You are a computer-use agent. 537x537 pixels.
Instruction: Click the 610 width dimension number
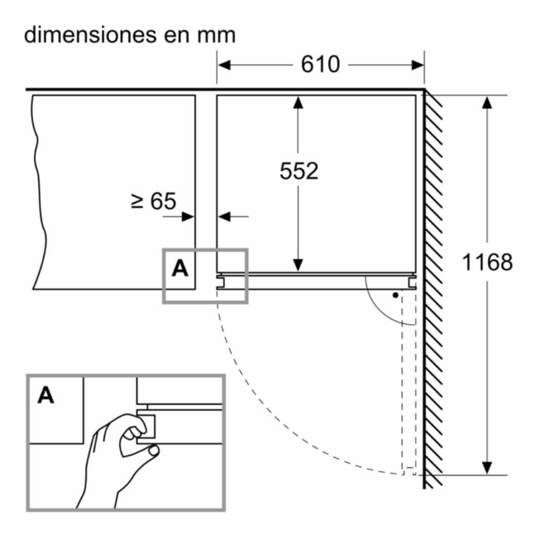click(x=320, y=65)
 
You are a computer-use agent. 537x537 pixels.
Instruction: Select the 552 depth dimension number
click(x=299, y=172)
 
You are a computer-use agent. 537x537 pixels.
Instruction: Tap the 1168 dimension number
click(x=487, y=262)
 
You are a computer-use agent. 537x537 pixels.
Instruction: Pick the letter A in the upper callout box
click(x=180, y=269)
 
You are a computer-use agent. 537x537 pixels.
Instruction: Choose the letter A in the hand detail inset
click(x=46, y=396)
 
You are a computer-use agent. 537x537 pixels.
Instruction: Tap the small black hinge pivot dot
click(x=396, y=294)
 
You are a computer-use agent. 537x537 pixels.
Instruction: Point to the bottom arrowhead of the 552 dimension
click(x=298, y=264)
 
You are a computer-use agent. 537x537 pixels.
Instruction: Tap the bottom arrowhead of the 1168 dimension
click(x=487, y=467)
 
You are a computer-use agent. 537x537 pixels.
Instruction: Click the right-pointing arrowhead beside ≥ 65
click(x=189, y=217)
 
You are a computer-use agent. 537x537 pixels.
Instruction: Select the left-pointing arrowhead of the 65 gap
click(x=223, y=217)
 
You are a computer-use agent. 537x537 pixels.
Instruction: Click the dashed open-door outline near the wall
click(x=409, y=384)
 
